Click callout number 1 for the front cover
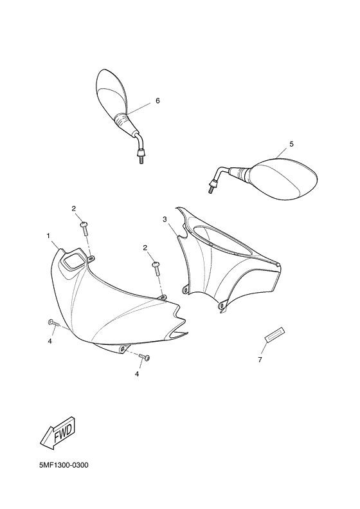point(48,236)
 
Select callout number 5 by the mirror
point(291,144)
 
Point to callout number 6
point(157,101)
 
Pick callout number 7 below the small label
point(260,360)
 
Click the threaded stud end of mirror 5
point(210,188)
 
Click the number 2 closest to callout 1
point(73,208)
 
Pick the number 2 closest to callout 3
point(145,248)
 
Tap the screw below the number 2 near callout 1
point(84,225)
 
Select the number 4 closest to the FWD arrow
point(49,341)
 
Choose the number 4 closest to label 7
point(137,373)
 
